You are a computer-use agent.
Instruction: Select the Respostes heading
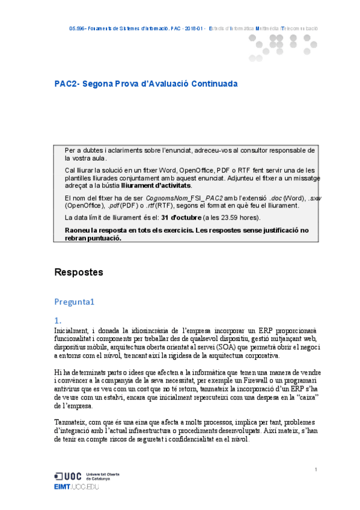(79, 272)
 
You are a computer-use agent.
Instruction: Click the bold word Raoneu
(79, 230)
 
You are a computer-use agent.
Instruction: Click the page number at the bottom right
(316, 469)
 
